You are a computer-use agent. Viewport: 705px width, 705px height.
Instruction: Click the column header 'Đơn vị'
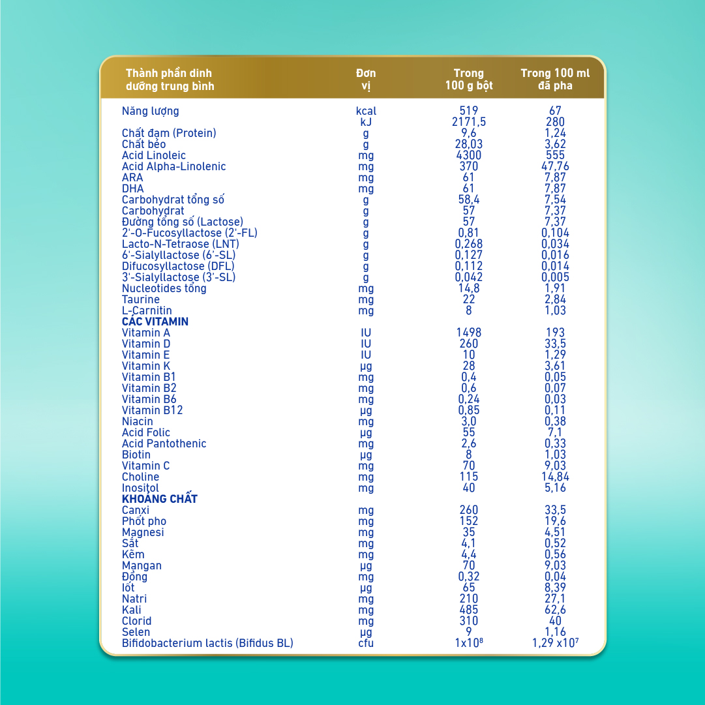366,80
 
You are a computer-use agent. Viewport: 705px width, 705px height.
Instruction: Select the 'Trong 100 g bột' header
469,80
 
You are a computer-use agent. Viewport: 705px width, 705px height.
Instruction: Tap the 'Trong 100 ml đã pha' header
555,80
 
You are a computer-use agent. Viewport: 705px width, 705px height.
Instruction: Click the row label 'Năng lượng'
151,112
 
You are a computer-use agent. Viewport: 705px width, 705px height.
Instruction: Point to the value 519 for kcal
469,112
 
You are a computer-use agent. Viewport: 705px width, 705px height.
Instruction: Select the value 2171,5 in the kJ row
469,123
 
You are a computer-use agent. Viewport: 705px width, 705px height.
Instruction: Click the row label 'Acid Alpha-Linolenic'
174,167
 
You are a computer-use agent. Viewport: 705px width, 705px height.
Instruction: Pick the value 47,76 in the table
555,167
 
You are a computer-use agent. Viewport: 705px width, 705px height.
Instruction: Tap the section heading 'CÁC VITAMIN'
155,322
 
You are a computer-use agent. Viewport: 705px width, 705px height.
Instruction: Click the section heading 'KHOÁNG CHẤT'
160,500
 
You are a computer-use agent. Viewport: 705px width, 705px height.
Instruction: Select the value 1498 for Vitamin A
469,333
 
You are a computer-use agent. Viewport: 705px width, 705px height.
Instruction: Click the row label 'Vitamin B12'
153,411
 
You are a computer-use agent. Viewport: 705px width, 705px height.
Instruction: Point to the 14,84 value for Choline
555,477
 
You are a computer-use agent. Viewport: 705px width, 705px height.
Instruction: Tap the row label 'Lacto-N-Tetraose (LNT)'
181,245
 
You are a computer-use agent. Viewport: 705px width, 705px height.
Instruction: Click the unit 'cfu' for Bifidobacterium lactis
366,644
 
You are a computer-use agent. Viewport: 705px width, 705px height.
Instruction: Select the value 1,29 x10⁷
555,644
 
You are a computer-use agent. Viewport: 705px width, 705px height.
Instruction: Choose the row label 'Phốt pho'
144,522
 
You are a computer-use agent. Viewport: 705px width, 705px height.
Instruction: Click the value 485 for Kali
469,610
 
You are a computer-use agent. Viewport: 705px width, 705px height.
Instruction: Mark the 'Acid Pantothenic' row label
164,444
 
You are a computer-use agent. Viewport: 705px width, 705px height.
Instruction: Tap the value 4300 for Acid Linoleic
469,156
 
